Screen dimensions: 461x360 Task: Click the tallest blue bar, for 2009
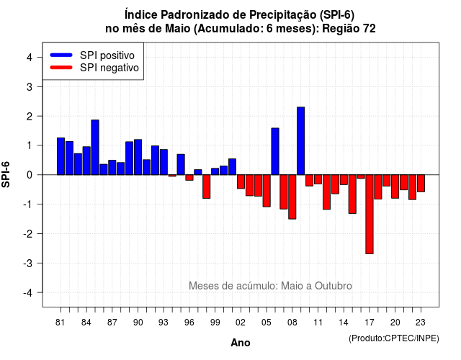(x=301, y=141)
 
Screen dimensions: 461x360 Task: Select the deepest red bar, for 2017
(x=370, y=215)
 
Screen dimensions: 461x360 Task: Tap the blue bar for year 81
(x=61, y=156)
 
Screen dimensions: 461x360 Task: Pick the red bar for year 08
(x=292, y=197)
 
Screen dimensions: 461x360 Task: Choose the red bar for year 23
(x=421, y=184)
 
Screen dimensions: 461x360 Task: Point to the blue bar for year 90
(x=138, y=157)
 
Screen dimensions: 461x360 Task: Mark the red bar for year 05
(x=267, y=191)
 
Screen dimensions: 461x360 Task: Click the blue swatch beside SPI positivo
(x=61, y=55)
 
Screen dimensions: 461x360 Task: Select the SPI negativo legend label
(x=109, y=68)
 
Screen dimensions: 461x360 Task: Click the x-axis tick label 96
(x=189, y=323)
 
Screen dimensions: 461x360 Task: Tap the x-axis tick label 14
(x=344, y=323)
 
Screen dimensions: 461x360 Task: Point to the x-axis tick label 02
(x=241, y=323)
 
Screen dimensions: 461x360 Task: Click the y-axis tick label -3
(x=28, y=264)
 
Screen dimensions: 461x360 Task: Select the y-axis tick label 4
(x=30, y=58)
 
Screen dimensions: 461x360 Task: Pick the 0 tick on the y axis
(x=30, y=175)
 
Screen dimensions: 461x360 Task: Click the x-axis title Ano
(x=241, y=343)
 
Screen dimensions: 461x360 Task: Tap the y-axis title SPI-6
(x=6, y=174)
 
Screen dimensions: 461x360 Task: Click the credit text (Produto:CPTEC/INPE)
(x=394, y=338)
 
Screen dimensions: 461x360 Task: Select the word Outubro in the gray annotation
(x=334, y=286)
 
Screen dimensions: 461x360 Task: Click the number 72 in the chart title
(x=369, y=29)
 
